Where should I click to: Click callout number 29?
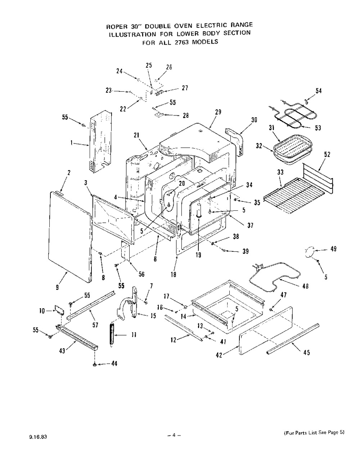tap(218, 112)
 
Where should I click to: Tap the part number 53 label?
tap(318, 128)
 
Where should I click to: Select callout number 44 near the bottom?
tap(114, 364)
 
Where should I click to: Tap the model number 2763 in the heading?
tap(182, 42)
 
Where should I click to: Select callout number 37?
tap(250, 226)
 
